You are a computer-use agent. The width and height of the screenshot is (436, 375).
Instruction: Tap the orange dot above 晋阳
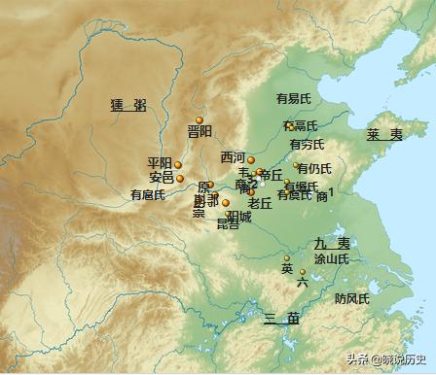click(199, 119)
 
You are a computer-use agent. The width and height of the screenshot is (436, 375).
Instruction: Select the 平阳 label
click(160, 163)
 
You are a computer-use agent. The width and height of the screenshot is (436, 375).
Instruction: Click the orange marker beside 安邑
click(180, 178)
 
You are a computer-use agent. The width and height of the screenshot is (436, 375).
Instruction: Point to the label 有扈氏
click(149, 194)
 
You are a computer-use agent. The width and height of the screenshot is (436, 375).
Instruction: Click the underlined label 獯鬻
click(128, 104)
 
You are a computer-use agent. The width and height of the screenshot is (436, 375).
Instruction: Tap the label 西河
click(233, 157)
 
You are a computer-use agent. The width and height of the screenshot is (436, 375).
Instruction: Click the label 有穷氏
click(294, 145)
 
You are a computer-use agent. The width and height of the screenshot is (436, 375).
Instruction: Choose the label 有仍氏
click(314, 168)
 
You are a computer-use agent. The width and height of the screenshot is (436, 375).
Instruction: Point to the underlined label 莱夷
click(384, 134)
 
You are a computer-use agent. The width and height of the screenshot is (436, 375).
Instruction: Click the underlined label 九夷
click(331, 243)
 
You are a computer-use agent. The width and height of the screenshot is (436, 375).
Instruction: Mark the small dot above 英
click(286, 257)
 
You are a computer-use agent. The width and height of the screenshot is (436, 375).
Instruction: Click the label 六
click(303, 282)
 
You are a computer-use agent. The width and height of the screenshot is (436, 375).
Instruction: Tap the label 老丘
click(259, 203)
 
